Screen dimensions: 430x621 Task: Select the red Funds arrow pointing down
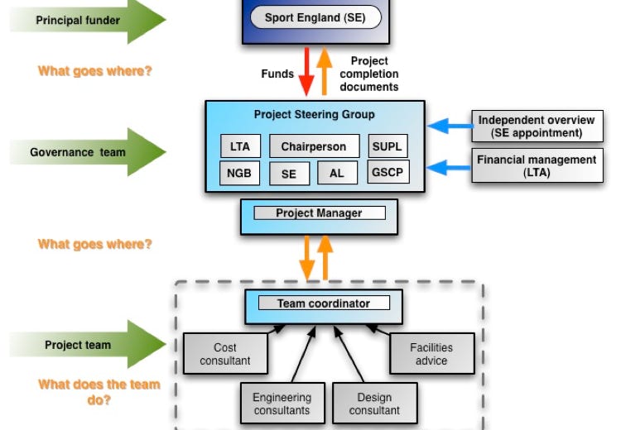(x=307, y=72)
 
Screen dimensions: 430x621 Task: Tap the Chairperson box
(x=314, y=146)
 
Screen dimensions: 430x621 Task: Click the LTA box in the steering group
(x=240, y=146)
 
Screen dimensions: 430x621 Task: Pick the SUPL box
(x=388, y=146)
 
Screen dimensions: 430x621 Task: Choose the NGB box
(x=240, y=173)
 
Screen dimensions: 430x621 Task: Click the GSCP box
(x=388, y=173)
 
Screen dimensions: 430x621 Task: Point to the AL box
(x=337, y=174)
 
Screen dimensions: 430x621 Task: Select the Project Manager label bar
(x=319, y=213)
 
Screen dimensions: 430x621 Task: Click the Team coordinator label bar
(x=323, y=303)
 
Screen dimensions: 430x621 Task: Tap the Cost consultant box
(x=224, y=354)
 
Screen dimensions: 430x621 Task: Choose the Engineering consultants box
(x=282, y=404)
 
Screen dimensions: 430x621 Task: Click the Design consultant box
(x=374, y=404)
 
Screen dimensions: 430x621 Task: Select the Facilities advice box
(x=431, y=354)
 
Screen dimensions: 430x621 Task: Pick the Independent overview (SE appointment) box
(x=536, y=127)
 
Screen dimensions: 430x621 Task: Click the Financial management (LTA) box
(x=536, y=165)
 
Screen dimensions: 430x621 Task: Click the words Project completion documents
(x=369, y=74)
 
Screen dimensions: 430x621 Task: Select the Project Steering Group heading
(x=314, y=115)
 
